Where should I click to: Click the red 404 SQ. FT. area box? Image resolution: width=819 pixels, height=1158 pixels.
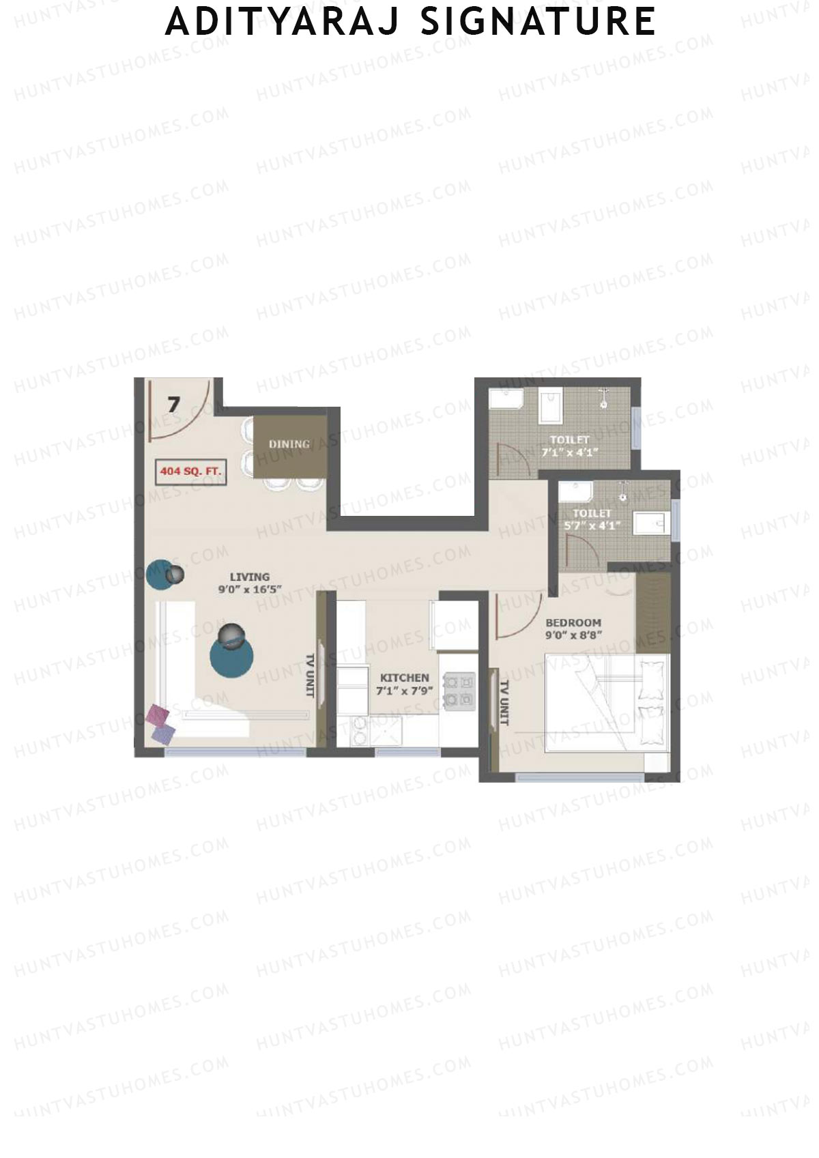(190, 471)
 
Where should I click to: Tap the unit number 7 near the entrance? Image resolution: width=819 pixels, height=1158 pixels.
(174, 405)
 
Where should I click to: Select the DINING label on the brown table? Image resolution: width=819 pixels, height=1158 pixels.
(289, 444)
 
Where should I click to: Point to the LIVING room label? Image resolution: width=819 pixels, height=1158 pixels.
(249, 577)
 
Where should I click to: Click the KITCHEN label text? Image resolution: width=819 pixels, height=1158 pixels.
(405, 678)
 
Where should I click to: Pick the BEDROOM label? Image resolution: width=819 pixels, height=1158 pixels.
(573, 622)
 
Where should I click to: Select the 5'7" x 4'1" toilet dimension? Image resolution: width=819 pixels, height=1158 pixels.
(592, 525)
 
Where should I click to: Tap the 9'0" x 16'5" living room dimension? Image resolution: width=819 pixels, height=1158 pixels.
(250, 589)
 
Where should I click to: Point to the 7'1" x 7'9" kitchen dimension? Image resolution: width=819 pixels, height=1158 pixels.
(405, 691)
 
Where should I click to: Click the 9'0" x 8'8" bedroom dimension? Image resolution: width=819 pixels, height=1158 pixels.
(573, 635)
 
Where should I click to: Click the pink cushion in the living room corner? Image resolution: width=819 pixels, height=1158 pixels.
(158, 715)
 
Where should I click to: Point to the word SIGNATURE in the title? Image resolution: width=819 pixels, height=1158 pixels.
(538, 22)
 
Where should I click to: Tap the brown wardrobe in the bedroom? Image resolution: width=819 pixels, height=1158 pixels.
(653, 613)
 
